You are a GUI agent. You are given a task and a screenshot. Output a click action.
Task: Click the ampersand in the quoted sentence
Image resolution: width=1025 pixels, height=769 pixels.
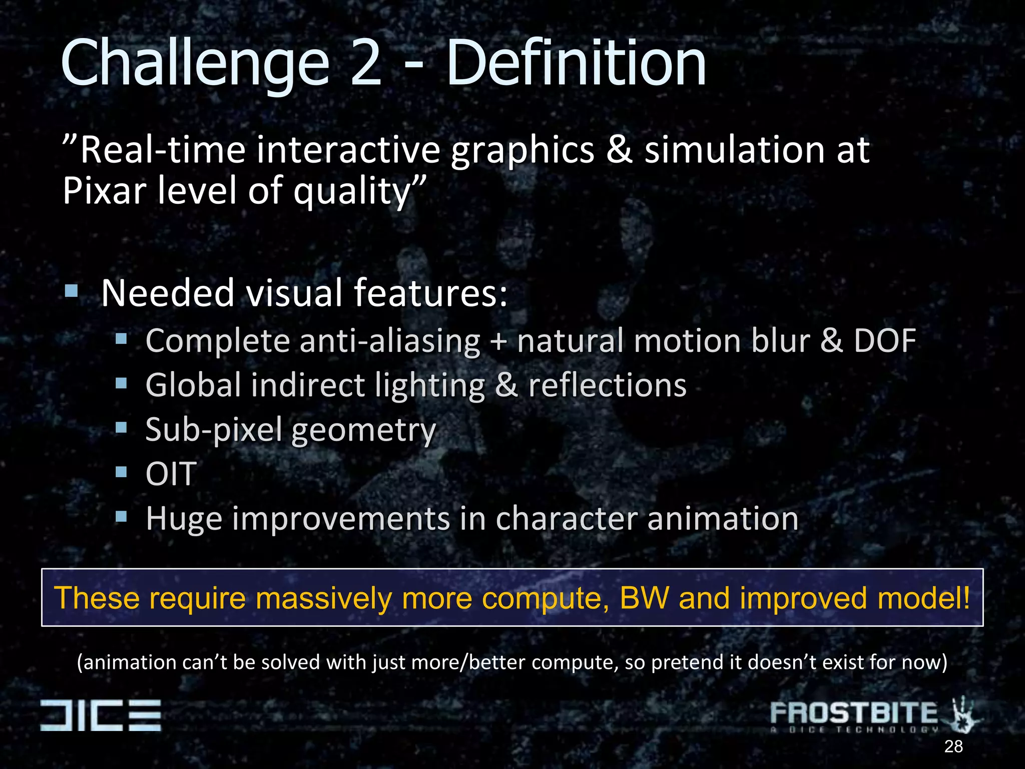(x=619, y=150)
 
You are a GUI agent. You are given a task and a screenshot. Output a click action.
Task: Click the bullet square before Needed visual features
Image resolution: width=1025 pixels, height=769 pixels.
(x=72, y=291)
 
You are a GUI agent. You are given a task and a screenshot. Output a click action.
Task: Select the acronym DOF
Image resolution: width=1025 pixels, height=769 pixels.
(x=884, y=341)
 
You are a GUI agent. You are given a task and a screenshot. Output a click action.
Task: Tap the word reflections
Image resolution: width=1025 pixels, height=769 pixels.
(x=607, y=386)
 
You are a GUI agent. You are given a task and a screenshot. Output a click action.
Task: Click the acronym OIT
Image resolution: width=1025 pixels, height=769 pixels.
(x=171, y=474)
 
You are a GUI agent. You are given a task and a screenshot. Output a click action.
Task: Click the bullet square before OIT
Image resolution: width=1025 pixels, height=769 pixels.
(x=121, y=472)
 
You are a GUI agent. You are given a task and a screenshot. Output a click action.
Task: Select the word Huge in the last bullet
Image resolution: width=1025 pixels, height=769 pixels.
(x=184, y=519)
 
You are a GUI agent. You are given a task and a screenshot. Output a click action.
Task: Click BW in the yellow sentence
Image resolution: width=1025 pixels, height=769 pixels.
(x=644, y=598)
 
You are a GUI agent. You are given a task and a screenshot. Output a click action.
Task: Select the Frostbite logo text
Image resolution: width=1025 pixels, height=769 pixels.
(x=853, y=713)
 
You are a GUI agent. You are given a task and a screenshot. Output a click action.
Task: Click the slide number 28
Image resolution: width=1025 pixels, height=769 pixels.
(x=953, y=746)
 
